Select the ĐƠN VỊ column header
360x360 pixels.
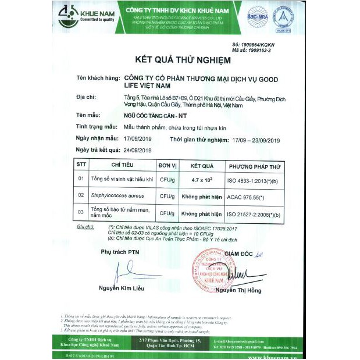click(167, 165)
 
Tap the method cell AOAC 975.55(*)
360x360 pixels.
click(244, 197)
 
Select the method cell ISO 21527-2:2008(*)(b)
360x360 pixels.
click(254, 213)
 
